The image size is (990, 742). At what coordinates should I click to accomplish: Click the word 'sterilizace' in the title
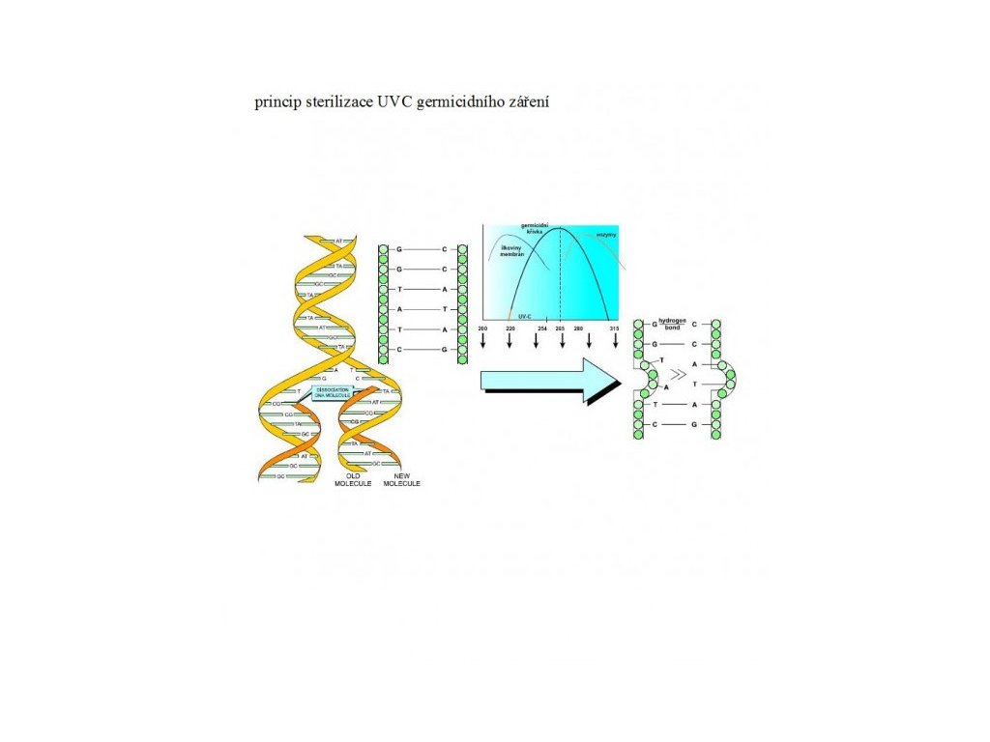coord(339,102)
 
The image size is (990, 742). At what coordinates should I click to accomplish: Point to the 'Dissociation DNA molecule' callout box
coord(333,391)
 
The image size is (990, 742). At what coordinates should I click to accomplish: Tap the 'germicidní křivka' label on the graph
coord(535,233)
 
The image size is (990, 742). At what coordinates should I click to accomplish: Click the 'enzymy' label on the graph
coord(606,236)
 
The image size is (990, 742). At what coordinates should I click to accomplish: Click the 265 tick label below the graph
coord(560,329)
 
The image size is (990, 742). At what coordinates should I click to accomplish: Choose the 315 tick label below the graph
coord(614,329)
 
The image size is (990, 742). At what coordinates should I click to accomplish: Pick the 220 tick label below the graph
coord(510,329)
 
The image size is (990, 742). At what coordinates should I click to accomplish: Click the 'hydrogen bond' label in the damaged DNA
coord(671,323)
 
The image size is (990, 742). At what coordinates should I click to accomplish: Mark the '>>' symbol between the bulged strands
coord(680,374)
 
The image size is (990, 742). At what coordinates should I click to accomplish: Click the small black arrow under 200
coord(482,343)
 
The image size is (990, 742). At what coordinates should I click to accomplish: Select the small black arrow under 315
coord(615,343)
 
